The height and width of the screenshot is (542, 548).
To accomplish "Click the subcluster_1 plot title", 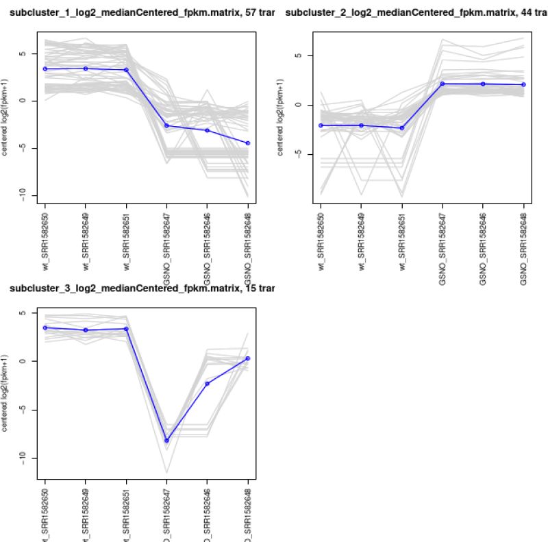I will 137,13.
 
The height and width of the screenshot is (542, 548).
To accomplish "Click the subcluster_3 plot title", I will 137,288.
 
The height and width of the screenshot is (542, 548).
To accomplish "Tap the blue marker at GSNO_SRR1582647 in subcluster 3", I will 166,441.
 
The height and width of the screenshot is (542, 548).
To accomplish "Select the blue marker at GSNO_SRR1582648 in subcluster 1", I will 247,143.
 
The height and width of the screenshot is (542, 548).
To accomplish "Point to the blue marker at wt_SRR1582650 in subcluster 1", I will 45,69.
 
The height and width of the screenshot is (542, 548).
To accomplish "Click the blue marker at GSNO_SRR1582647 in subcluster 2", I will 443,84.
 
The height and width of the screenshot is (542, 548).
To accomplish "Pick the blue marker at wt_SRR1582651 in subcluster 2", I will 402,128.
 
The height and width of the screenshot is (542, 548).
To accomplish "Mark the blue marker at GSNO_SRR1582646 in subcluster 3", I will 207,383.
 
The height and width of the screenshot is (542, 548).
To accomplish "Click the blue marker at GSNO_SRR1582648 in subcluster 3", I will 247,358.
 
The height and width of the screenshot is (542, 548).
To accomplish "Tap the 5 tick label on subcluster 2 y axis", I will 299,56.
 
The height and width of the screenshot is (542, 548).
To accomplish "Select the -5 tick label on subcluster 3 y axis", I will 23,409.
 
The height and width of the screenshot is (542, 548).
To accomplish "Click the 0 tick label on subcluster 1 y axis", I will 23,101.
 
